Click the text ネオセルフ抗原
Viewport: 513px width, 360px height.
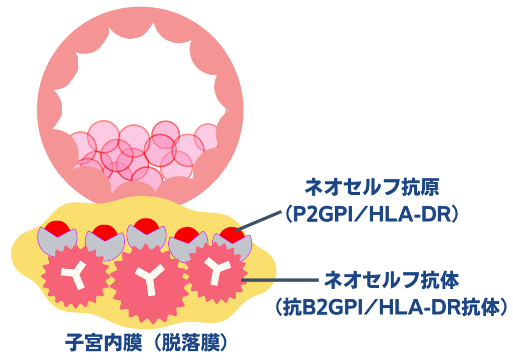pos(372,188)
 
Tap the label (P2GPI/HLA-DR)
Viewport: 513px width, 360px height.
pos(372,215)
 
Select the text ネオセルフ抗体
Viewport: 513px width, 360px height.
pos(391,280)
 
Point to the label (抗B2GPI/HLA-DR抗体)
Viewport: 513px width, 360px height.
pos(391,307)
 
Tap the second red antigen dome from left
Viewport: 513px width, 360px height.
pos(105,232)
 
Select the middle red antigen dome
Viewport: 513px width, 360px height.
pos(146,226)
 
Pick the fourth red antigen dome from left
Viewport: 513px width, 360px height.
pos(187,235)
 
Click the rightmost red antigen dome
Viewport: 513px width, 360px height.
pos(232,235)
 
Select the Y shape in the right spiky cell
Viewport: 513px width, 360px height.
pos(216,271)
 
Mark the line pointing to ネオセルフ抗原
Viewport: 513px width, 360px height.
pos(258,221)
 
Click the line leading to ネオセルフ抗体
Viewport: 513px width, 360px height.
pos(280,280)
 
